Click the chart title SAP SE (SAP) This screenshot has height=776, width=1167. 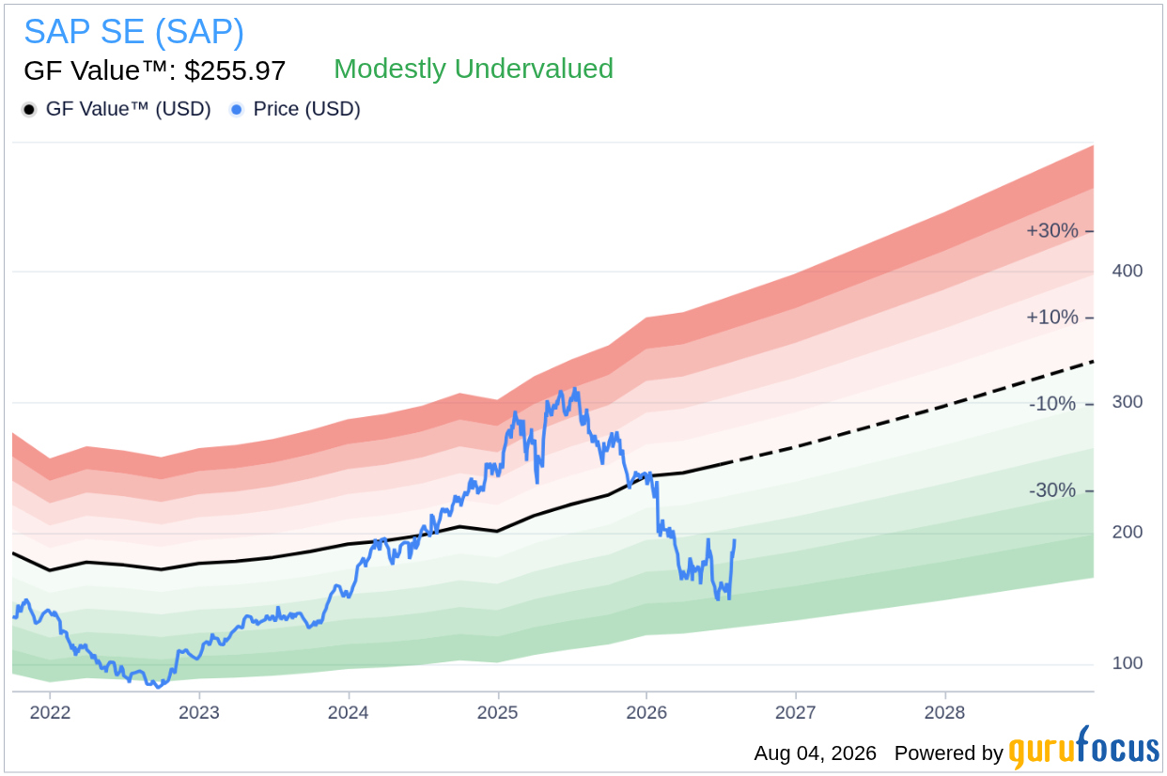coord(133,32)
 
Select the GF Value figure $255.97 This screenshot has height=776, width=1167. coord(235,70)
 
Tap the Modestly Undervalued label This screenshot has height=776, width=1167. coord(474,69)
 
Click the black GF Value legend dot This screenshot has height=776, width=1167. coord(29,109)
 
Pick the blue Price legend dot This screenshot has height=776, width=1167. coord(237,109)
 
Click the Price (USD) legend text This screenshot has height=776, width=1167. coord(307,109)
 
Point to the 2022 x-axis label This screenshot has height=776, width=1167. coord(50,712)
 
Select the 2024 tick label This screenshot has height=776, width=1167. coord(348,712)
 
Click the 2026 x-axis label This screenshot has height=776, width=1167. coord(646,712)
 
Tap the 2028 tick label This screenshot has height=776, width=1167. coord(944,712)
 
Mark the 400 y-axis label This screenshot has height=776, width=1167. coord(1128,271)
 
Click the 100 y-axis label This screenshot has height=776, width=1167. coord(1128,663)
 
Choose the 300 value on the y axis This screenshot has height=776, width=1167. coord(1128,402)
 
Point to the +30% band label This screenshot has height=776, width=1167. coord(1051,230)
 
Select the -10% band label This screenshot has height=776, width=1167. coord(1052,404)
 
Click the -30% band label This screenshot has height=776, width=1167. coord(1052,490)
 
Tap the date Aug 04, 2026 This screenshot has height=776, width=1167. coord(816,753)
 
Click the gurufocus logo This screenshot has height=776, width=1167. coord(1084,748)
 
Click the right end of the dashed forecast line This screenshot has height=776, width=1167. coord(1093,362)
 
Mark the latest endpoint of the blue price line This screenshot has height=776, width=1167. coord(735,540)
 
